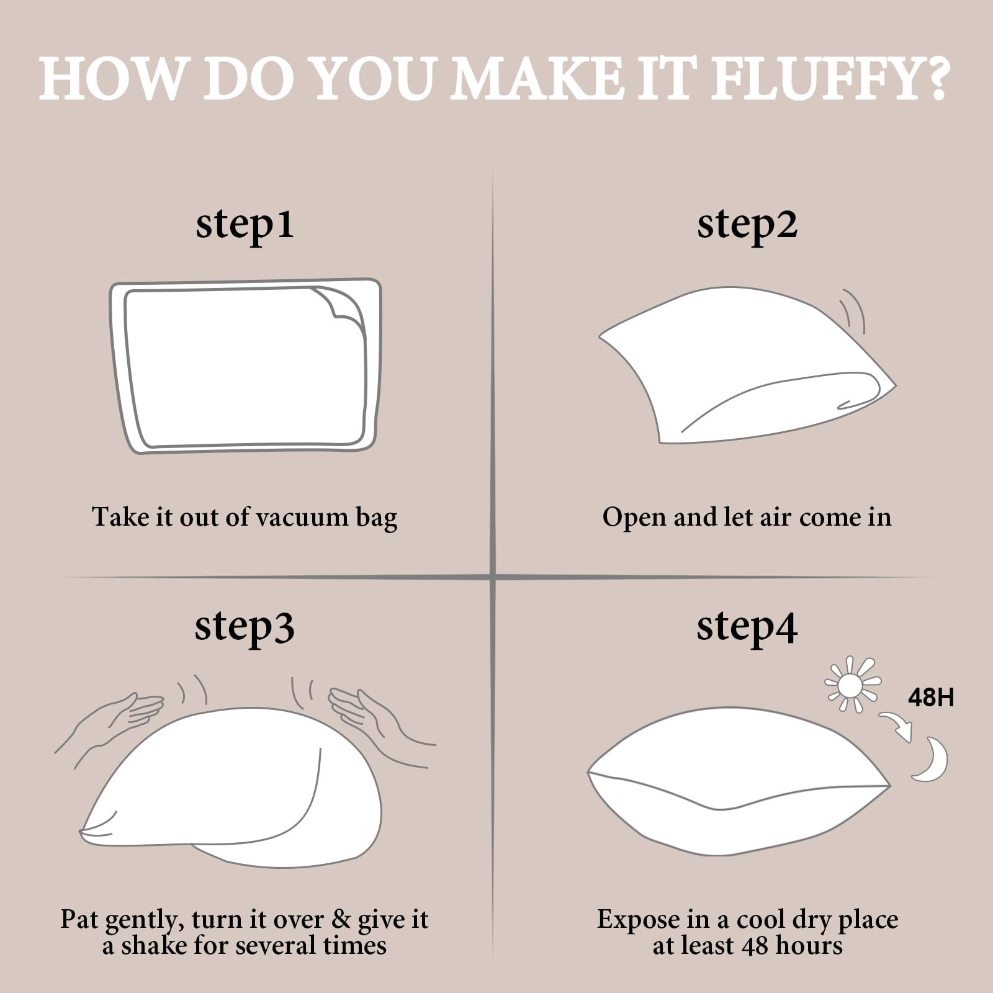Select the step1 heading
245,224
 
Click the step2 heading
747,224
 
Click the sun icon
852,685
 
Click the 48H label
931,698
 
